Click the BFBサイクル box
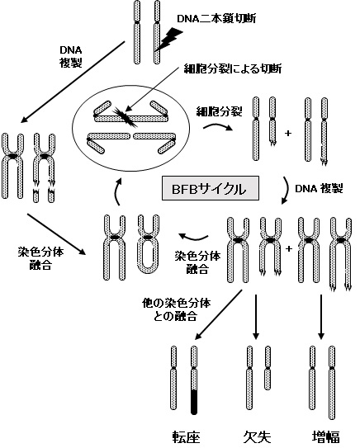tap(211, 188)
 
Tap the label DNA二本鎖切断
tap(216, 19)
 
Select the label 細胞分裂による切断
tap(233, 68)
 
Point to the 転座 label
tap(186, 437)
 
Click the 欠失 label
tap(257, 437)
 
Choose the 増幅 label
tap(326, 437)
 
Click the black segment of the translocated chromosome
tap(194, 402)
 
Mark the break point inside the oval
tap(125, 116)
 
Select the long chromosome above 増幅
tap(332, 383)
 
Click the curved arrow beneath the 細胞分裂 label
tap(217, 125)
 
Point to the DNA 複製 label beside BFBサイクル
tap(319, 189)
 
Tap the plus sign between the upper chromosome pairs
tap(288, 133)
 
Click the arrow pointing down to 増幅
tap(321, 317)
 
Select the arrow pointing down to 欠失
tap(256, 317)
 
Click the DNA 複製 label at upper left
tap(71, 57)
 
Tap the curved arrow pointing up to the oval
tap(117, 191)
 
